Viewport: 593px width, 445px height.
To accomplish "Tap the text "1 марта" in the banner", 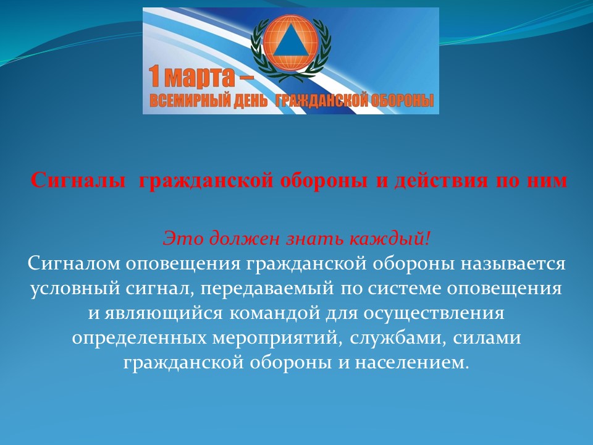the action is click(191, 76).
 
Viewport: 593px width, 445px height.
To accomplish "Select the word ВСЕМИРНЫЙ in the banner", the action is click(189, 101).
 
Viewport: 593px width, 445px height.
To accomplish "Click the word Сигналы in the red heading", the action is click(78, 180).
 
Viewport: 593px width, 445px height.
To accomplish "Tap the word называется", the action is click(513, 264).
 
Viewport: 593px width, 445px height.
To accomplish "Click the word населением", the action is click(412, 363).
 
